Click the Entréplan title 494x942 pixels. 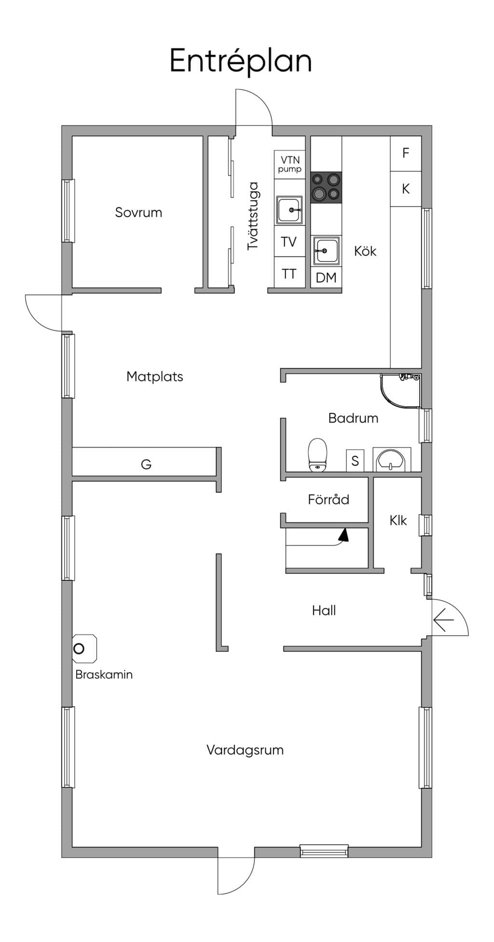(241, 62)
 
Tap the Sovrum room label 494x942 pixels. (138, 212)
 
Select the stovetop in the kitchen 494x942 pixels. (326, 188)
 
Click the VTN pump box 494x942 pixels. (289, 164)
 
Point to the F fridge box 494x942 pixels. (406, 153)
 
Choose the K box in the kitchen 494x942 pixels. (406, 189)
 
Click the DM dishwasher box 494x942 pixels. (326, 278)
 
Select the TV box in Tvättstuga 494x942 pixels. (289, 242)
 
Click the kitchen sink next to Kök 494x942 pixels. (326, 251)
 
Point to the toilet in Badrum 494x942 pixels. (317, 454)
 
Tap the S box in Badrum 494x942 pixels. (355, 461)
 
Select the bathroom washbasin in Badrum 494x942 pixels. (393, 460)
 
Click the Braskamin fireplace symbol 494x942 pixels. (84, 649)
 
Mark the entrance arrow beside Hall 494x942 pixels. (444, 621)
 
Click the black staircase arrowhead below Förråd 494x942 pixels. (343, 535)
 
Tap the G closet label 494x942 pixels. (146, 464)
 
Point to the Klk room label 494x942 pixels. (398, 520)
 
